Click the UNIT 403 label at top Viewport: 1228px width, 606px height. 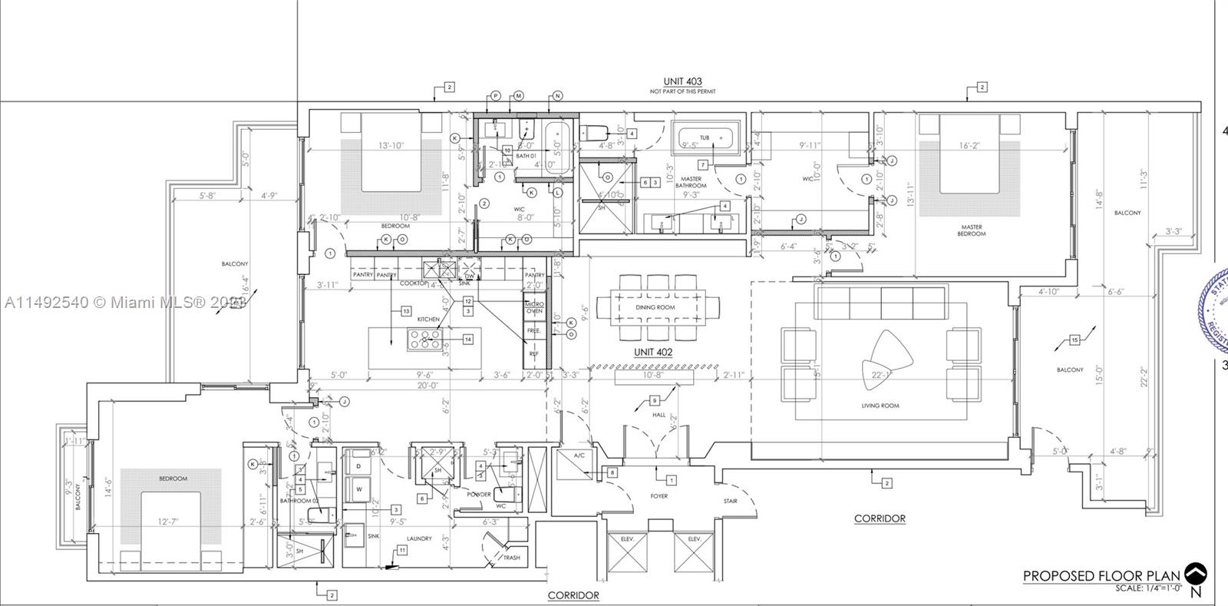[x=682, y=81]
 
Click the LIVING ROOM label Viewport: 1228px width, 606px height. [x=880, y=406]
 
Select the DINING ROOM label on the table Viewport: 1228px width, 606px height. [x=655, y=307]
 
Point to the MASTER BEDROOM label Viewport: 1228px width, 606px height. [x=971, y=230]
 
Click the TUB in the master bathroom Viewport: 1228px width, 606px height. [x=704, y=138]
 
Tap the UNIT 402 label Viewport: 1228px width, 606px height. [x=653, y=352]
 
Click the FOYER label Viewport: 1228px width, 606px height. [x=659, y=496]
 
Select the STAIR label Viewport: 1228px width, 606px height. [x=730, y=502]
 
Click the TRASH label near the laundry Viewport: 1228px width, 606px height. [x=511, y=558]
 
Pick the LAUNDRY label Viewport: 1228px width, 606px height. [x=419, y=538]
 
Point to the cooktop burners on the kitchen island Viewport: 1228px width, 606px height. [x=422, y=339]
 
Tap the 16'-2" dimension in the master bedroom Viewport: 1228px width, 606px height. [x=969, y=145]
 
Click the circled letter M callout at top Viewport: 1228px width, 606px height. [x=519, y=96]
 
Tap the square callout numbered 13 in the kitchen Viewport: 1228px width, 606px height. [x=406, y=311]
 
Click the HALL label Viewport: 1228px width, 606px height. [x=659, y=414]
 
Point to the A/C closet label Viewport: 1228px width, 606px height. [x=580, y=455]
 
